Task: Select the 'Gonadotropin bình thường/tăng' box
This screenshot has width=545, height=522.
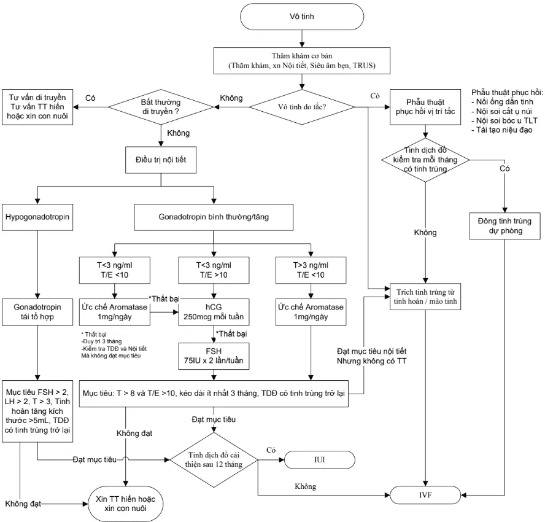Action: (213, 217)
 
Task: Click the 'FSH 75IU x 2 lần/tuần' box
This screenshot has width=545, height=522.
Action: (213, 354)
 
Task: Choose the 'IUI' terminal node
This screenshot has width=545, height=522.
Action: (319, 459)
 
